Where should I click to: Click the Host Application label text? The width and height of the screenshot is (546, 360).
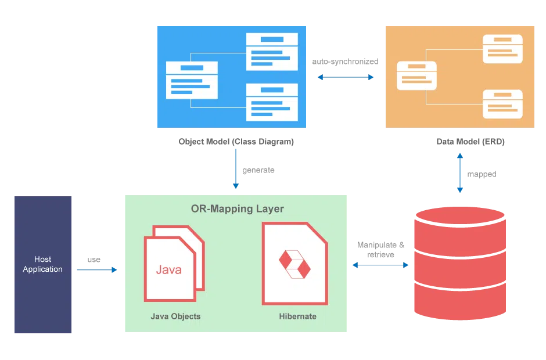click(x=43, y=264)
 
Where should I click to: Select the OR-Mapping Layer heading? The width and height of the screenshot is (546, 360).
click(x=238, y=208)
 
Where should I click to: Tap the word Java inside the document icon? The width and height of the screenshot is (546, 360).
click(x=168, y=270)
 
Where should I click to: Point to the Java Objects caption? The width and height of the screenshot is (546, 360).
click(x=175, y=316)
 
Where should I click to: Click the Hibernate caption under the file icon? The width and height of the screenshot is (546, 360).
click(x=297, y=316)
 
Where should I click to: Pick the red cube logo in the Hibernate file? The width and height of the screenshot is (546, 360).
click(x=295, y=264)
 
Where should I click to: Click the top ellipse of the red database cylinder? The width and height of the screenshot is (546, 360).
click(x=459, y=215)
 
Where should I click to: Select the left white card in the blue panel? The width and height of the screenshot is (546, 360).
click(x=192, y=80)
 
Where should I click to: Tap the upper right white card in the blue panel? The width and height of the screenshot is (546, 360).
click(x=272, y=51)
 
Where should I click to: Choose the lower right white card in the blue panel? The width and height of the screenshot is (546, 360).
click(x=272, y=102)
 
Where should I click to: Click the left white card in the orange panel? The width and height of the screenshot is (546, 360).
click(x=416, y=75)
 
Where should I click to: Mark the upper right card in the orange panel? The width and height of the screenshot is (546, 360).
click(x=502, y=49)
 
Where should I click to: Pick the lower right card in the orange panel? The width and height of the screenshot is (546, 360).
click(x=502, y=103)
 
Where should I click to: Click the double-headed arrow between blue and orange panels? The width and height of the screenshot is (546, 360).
click(x=346, y=78)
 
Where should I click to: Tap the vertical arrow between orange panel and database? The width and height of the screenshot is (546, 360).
click(x=459, y=173)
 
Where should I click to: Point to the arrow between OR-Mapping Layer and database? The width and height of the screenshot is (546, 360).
click(x=379, y=265)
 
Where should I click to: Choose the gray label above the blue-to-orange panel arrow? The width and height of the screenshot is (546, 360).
click(x=346, y=60)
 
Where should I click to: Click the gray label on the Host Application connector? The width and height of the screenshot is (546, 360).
click(x=92, y=260)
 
